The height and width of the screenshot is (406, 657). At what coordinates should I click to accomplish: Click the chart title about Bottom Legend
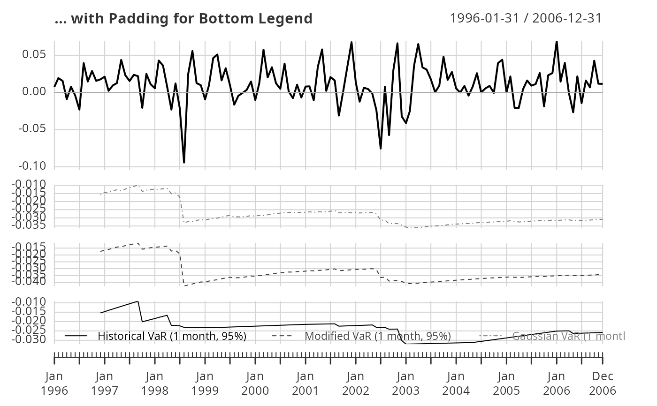point(183,19)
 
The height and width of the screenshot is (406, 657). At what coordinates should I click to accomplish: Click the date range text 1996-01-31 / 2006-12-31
point(526,18)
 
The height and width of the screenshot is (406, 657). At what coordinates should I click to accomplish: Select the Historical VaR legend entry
point(172,336)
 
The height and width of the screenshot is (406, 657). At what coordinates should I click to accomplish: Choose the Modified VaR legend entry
point(377,336)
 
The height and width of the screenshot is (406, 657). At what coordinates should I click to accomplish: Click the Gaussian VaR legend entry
point(568,336)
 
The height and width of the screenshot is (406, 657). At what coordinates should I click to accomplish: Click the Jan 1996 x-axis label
point(54,383)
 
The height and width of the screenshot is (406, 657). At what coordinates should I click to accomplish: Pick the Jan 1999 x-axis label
point(205,383)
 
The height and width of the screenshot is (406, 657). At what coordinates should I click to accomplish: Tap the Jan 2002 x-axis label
point(356,383)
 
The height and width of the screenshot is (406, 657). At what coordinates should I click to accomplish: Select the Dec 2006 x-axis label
point(603,383)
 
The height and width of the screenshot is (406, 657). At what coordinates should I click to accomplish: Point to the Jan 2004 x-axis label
point(456,383)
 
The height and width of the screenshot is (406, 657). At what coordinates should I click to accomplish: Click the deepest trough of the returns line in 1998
point(184,163)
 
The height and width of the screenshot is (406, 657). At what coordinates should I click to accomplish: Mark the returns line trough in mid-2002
point(381,149)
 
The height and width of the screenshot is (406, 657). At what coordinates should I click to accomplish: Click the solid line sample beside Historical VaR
point(76,336)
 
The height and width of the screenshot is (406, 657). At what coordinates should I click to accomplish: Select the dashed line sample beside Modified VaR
point(283,336)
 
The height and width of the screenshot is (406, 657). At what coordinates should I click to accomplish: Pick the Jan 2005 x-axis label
point(506,383)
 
